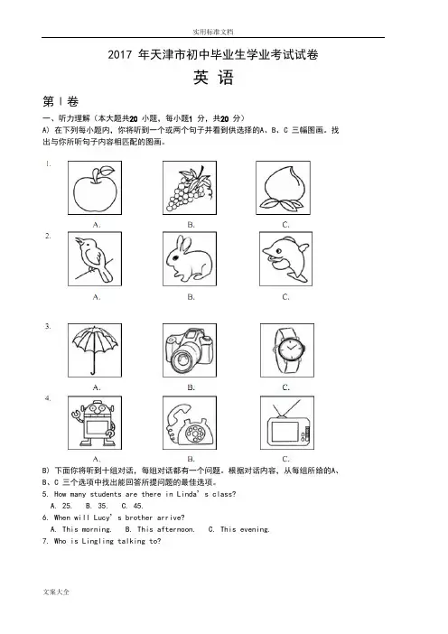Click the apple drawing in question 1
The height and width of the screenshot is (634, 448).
[95, 189]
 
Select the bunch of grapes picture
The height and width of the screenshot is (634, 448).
[190, 189]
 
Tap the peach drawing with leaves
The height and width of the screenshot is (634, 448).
[283, 189]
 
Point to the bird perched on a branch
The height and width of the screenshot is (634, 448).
[94, 259]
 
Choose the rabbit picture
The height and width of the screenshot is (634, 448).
[190, 259]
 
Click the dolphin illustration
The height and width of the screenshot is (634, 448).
[285, 259]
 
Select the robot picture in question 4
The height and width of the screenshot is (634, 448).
[95, 423]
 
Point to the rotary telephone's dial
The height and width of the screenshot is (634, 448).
[197, 434]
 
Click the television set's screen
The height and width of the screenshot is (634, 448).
[285, 432]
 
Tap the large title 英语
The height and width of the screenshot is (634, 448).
[213, 78]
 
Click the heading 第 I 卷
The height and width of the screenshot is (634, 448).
[61, 101]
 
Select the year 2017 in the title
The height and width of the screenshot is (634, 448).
[120, 54]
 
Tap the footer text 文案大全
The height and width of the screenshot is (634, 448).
[56, 592]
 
